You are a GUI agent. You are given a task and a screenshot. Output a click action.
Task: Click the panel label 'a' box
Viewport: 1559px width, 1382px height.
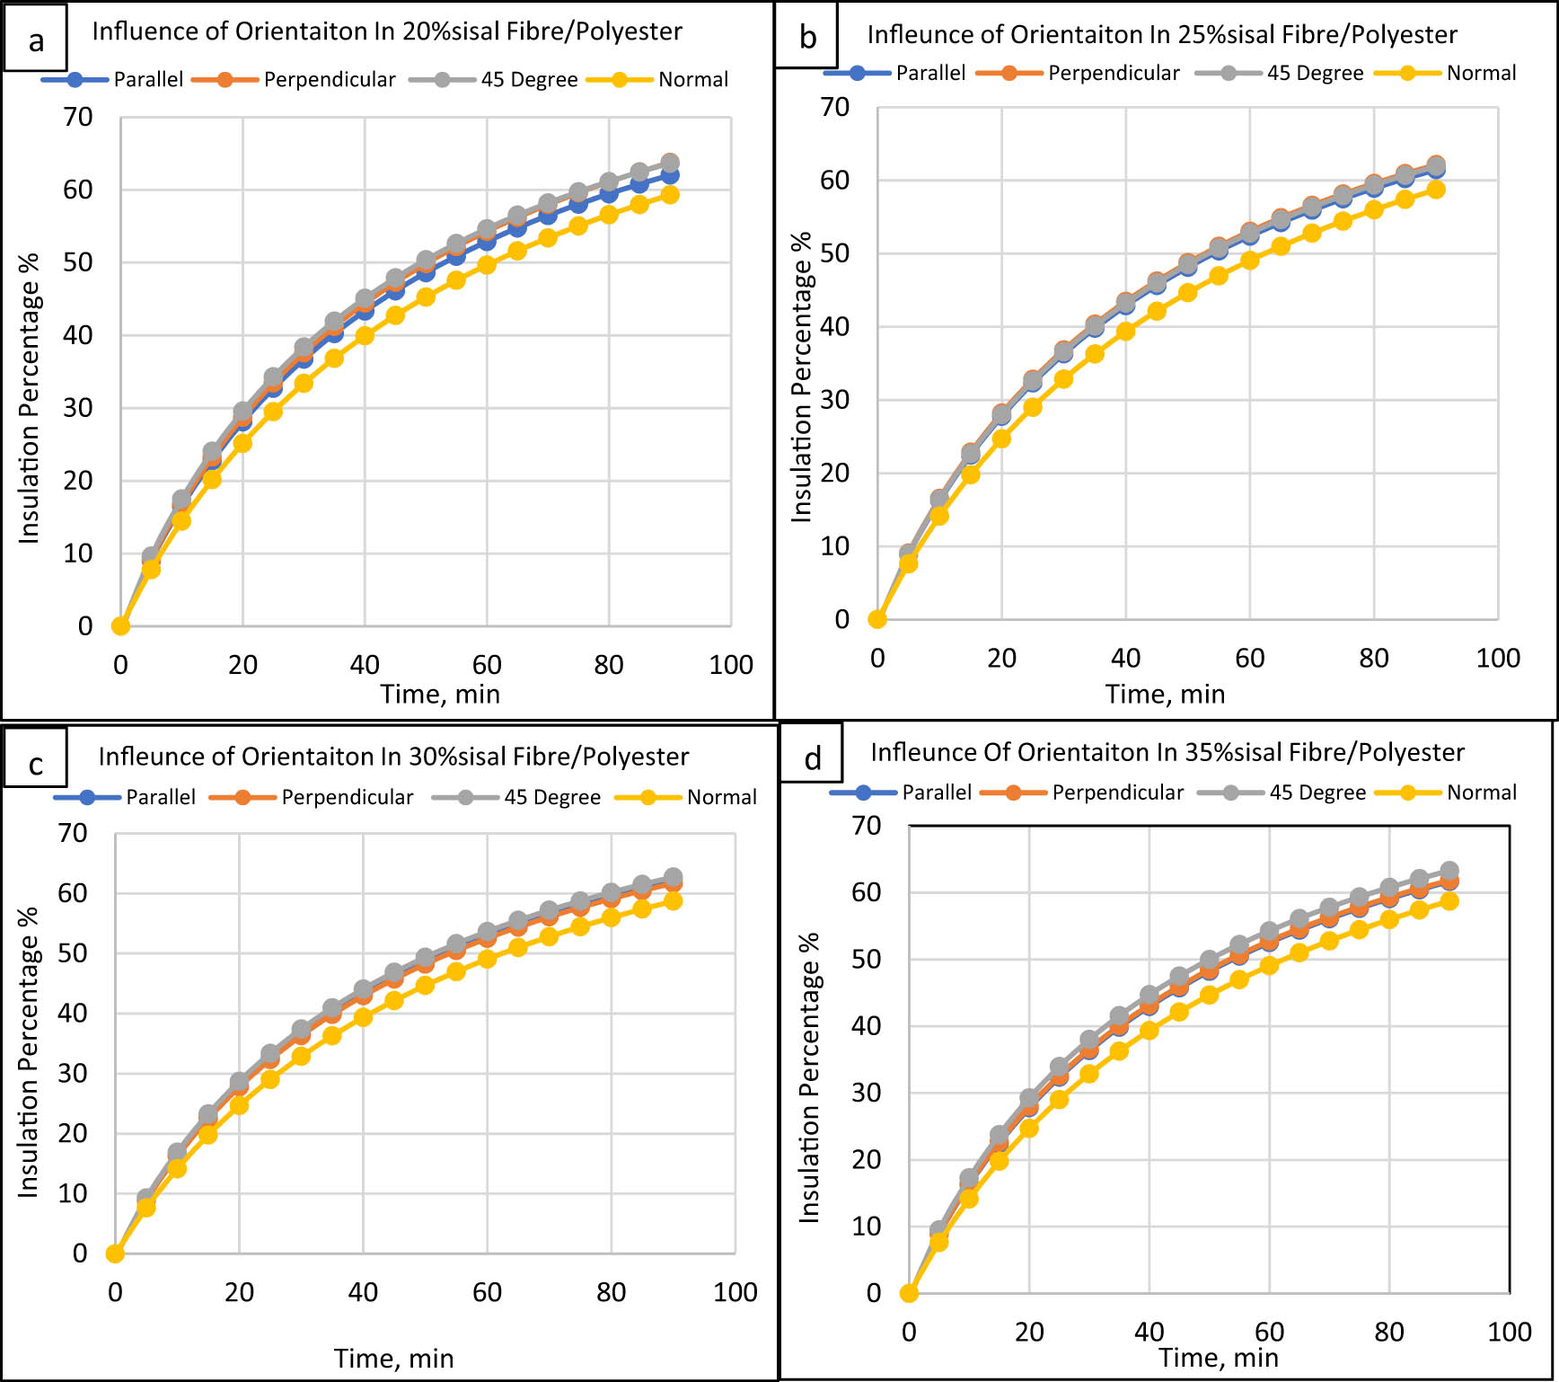(35, 40)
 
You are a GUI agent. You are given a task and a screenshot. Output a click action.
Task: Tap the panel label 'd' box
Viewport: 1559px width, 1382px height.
(812, 757)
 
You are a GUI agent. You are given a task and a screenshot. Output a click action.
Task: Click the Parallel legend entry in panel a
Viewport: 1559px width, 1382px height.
(147, 79)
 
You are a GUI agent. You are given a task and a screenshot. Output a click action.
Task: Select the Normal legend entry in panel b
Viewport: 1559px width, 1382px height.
(1481, 73)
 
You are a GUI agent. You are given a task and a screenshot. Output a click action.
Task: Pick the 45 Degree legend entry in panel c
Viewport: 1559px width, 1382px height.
(551, 797)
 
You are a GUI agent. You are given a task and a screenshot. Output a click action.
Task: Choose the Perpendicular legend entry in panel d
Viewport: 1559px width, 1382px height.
(1117, 793)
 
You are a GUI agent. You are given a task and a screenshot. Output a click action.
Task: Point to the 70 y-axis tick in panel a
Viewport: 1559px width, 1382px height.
(78, 117)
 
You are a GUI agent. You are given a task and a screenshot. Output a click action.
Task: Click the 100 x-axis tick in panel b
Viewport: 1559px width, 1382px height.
(1497, 658)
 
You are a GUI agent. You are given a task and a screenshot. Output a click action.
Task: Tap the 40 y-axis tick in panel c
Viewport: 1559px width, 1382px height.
(73, 1013)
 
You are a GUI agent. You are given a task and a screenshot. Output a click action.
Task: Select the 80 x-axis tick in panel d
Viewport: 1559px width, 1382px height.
(1388, 1332)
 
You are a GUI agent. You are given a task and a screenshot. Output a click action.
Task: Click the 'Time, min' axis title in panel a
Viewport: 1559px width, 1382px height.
(440, 694)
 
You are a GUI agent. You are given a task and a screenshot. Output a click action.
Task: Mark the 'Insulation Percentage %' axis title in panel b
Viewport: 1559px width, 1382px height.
(801, 377)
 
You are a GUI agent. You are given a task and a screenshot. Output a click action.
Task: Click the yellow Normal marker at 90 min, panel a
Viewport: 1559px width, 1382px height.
(670, 194)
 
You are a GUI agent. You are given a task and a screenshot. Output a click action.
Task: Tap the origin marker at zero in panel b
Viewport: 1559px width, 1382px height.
(877, 619)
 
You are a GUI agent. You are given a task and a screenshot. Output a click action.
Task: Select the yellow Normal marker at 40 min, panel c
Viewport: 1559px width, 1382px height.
(363, 1017)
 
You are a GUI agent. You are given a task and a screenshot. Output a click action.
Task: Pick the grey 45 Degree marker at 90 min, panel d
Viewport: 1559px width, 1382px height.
(1449, 871)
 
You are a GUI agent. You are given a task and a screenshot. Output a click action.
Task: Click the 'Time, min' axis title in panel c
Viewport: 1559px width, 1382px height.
(393, 1358)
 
